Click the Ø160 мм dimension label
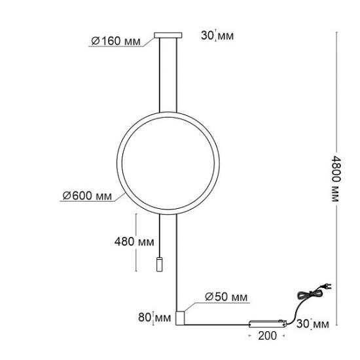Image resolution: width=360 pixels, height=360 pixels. click(x=115, y=41)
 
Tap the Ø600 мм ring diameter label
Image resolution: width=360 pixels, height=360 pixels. click(x=87, y=196)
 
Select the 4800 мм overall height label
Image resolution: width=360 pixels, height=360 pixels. click(x=336, y=179)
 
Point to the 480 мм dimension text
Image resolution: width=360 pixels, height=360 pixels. click(x=134, y=242)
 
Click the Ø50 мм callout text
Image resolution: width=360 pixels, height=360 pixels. click(x=226, y=297)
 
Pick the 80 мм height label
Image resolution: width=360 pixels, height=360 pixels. click(x=154, y=317)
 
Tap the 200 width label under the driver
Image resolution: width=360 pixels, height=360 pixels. click(x=268, y=336)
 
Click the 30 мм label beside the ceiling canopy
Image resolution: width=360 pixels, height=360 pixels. click(x=217, y=35)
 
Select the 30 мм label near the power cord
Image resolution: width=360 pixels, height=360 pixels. click(x=312, y=324)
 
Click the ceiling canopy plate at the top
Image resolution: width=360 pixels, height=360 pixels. click(x=168, y=35)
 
